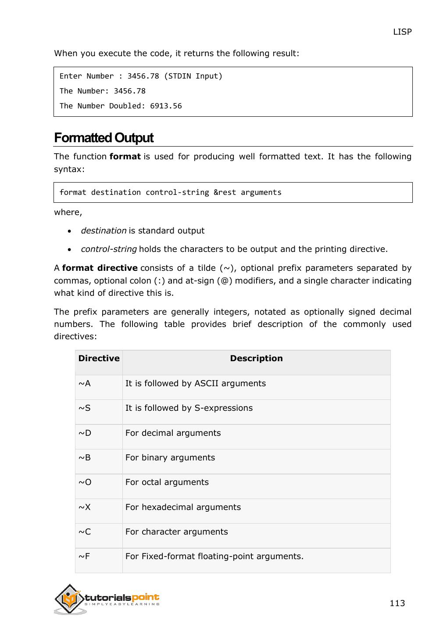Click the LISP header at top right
(402, 32)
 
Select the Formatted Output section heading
(104, 138)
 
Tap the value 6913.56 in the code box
(166, 106)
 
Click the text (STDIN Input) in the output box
(193, 76)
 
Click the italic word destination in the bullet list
(104, 231)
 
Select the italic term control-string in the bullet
(109, 249)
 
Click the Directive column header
(99, 359)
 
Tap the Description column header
(256, 359)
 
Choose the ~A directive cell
(85, 384)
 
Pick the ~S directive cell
(85, 408)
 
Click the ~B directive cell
(85, 458)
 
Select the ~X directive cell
(85, 507)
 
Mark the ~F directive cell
(84, 557)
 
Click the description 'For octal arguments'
(167, 482)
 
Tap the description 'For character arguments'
(176, 532)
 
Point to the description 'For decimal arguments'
(173, 433)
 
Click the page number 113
(397, 603)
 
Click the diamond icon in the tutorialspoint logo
(69, 599)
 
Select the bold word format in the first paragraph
(125, 157)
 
